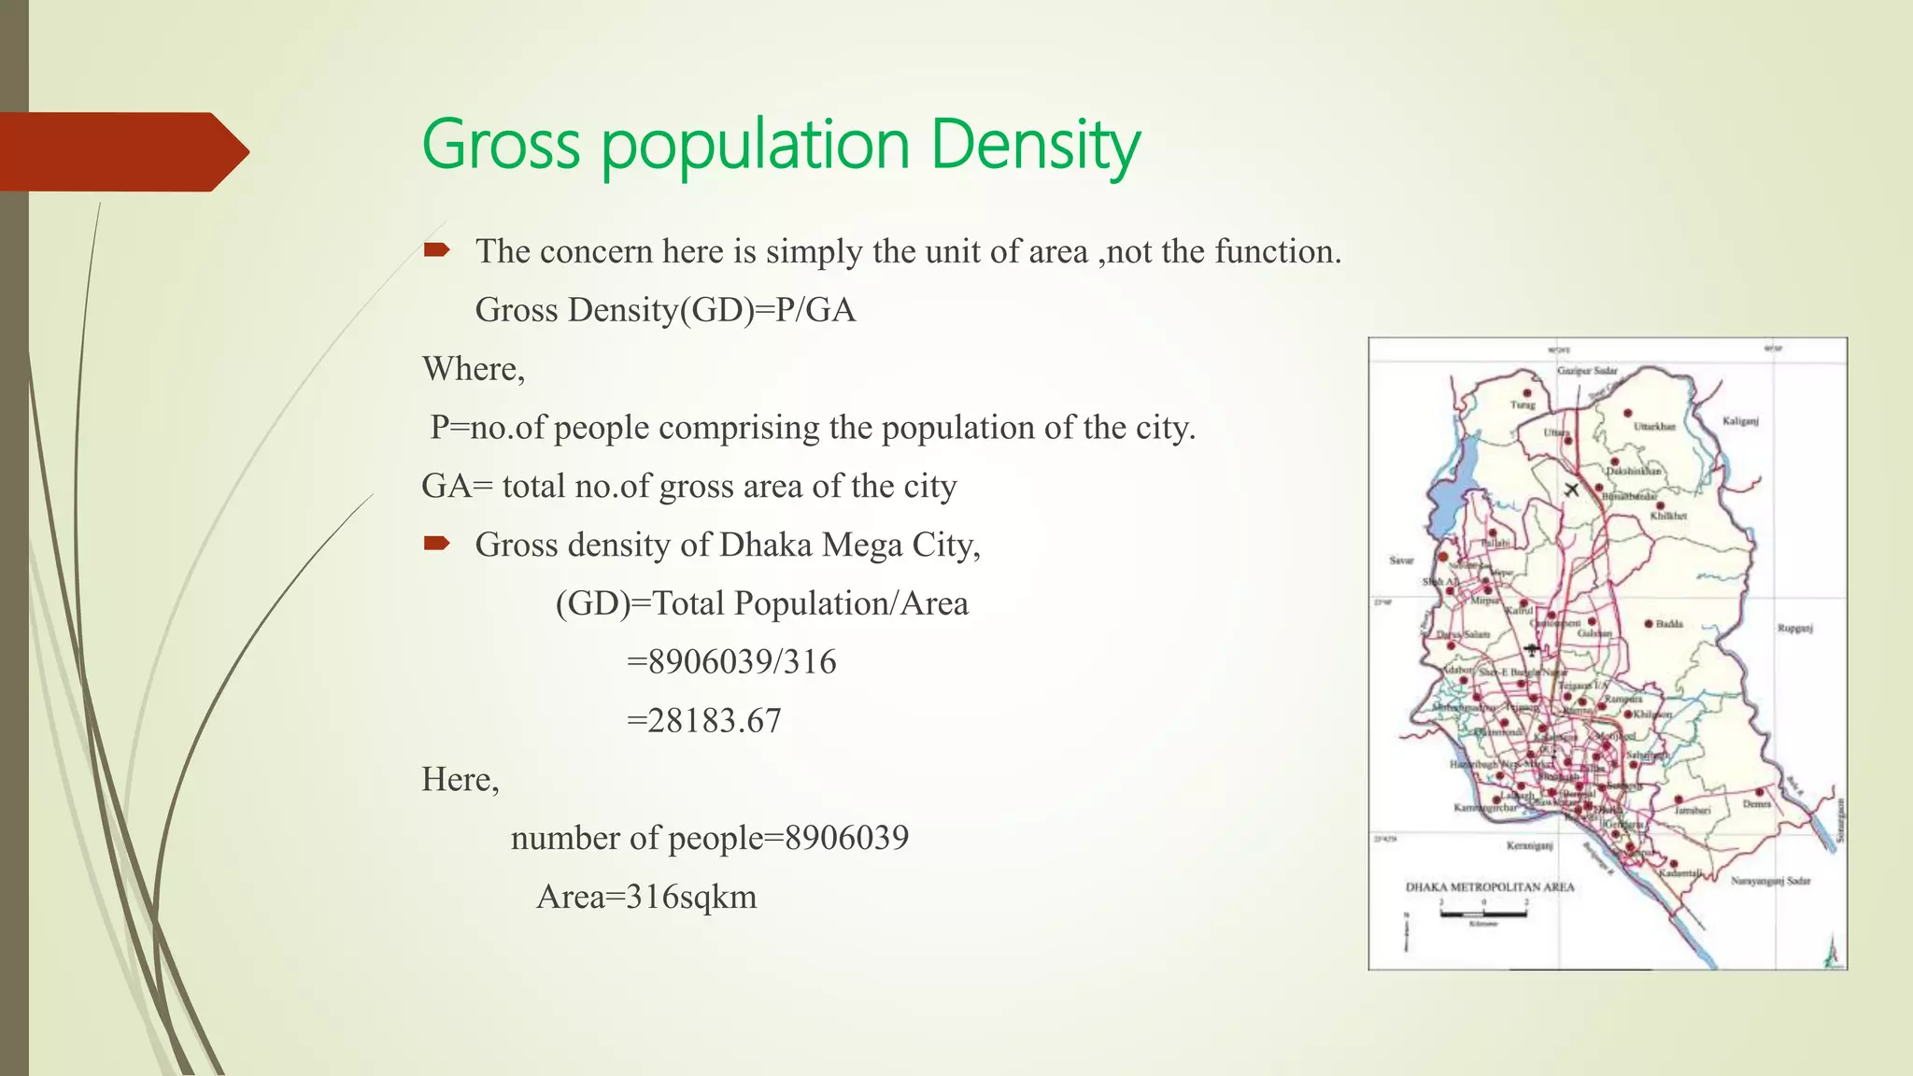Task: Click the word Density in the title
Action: (1035, 146)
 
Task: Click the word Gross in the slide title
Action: (501, 146)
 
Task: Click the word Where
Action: (473, 369)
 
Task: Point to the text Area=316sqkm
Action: (646, 897)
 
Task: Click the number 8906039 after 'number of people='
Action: (846, 838)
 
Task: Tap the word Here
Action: (460, 779)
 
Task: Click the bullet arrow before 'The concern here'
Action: (437, 249)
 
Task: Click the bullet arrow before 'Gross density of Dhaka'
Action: (437, 543)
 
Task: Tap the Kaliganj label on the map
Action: (1740, 421)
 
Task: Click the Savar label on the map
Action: (1401, 560)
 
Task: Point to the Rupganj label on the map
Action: (1794, 629)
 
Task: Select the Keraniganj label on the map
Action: (1529, 846)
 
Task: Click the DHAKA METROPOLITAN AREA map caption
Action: (1490, 887)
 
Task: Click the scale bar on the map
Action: (1483, 913)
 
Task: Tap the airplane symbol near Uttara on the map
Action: (1572, 488)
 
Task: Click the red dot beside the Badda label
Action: (1649, 623)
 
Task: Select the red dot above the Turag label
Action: (1527, 393)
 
